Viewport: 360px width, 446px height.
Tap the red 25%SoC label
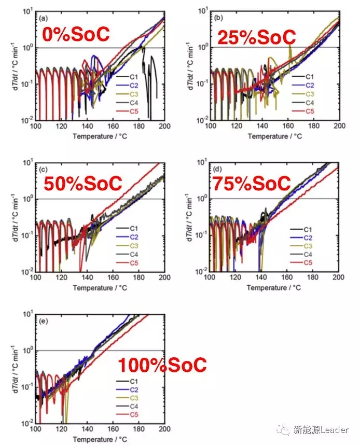tap(256, 37)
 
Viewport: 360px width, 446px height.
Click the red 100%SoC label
tap(162, 365)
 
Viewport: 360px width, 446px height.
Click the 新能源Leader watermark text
tap(322, 430)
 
